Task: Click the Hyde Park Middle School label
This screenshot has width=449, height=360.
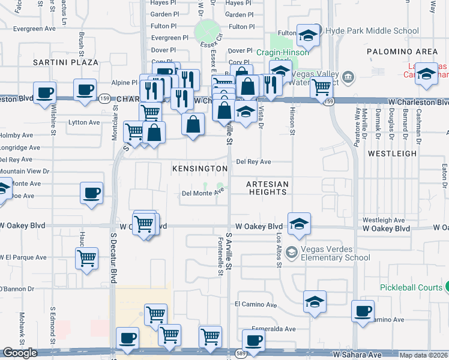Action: [x=372, y=31]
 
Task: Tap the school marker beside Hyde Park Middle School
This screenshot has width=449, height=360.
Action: [x=308, y=36]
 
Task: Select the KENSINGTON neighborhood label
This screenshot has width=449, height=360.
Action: [x=200, y=169]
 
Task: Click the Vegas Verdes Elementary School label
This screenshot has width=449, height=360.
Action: [x=335, y=252]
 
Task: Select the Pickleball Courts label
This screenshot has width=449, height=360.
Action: [x=411, y=287]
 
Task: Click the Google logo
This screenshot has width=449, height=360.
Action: [x=20, y=353]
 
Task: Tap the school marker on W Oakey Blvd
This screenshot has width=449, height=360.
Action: [x=299, y=224]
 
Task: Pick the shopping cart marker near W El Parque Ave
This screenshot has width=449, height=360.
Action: [x=86, y=259]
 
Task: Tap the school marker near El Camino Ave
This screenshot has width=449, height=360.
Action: [x=315, y=302]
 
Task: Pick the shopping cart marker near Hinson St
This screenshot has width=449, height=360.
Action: [x=321, y=86]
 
